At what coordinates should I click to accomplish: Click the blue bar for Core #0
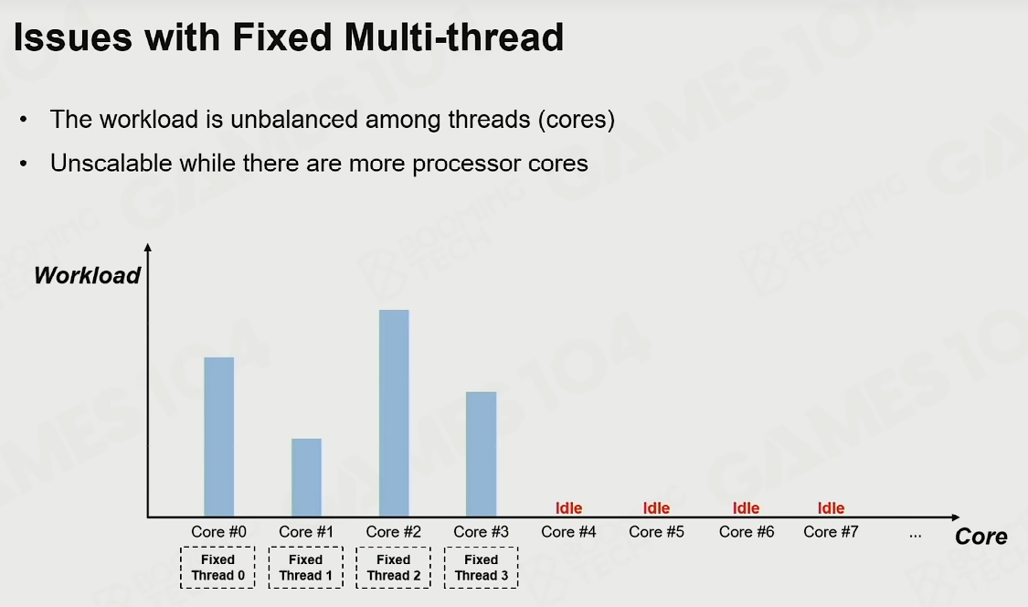219,437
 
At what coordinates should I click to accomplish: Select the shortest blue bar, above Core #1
306,478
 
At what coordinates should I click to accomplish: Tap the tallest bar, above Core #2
394,413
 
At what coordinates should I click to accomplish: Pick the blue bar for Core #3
482,454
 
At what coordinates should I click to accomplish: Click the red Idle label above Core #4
568,508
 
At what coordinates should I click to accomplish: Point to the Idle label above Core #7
831,508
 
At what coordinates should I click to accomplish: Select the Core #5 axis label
656,531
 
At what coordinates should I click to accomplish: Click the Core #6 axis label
746,531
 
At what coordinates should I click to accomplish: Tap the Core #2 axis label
393,531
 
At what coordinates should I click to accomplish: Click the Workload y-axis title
87,275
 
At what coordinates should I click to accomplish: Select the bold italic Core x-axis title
980,536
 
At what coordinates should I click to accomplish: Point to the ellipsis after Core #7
916,536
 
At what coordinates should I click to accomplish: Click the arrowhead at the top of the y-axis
148,247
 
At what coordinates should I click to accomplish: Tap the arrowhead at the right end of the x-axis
955,517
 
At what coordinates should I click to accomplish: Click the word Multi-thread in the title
453,37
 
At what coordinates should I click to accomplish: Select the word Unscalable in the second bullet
111,163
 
